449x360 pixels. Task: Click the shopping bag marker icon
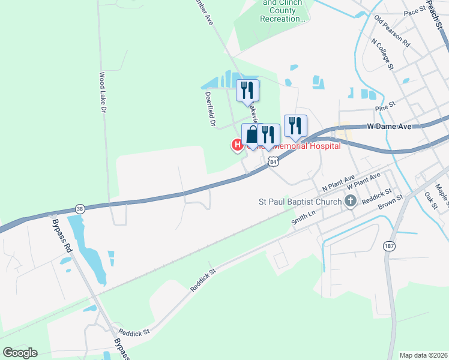pyautogui.click(x=252, y=134)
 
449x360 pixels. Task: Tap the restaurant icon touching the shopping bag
pyautogui.click(x=268, y=134)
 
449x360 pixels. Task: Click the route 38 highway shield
pyautogui.click(x=80, y=208)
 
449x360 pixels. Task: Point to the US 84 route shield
pyautogui.click(x=274, y=161)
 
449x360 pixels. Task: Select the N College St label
pyautogui.click(x=382, y=55)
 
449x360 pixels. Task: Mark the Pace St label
pyautogui.click(x=414, y=12)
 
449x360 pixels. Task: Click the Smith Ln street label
pyautogui.click(x=303, y=217)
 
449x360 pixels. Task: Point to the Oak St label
pyautogui.click(x=432, y=199)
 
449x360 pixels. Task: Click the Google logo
pyautogui.click(x=20, y=353)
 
